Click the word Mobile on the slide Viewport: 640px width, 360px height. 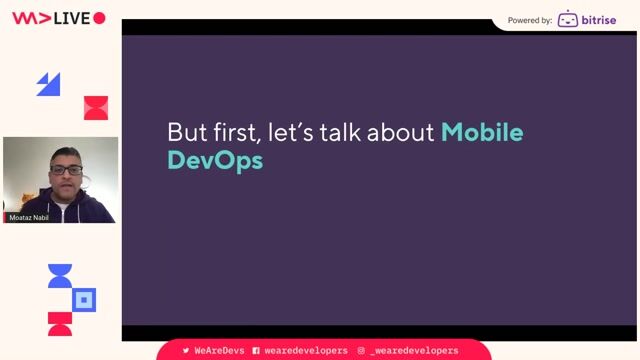coord(482,132)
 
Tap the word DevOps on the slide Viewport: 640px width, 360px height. coord(215,160)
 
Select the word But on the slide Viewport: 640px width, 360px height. coord(186,132)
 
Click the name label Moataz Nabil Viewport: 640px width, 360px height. coord(28,217)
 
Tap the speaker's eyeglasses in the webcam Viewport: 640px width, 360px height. coord(67,170)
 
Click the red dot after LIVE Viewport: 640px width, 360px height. coord(99,18)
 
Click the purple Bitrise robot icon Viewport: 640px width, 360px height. coord(567,19)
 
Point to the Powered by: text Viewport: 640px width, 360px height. coord(530,20)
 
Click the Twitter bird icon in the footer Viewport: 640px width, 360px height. coord(186,351)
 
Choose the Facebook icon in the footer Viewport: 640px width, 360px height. coord(256,351)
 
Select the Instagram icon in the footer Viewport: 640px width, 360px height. coord(361,351)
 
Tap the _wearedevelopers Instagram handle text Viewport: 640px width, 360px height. coord(414,351)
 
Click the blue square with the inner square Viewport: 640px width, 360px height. coord(85,299)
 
